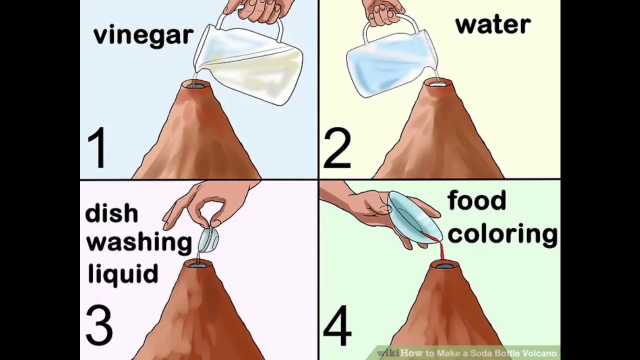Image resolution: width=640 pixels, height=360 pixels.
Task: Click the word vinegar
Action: pyautogui.click(x=143, y=36)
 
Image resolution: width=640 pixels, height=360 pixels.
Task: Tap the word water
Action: pyautogui.click(x=493, y=25)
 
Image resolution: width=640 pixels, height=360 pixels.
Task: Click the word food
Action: pyautogui.click(x=476, y=200)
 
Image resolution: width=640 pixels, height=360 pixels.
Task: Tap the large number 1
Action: pyautogui.click(x=97, y=147)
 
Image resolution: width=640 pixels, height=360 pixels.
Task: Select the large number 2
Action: pyautogui.click(x=337, y=148)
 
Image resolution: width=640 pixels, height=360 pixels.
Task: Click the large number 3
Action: pyautogui.click(x=99, y=325)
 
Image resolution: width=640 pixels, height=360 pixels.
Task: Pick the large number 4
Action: pyautogui.click(x=337, y=325)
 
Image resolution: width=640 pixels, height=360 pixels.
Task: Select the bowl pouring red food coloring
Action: pyautogui.click(x=414, y=217)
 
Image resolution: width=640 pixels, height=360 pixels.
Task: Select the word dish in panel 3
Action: pyautogui.click(x=111, y=213)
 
